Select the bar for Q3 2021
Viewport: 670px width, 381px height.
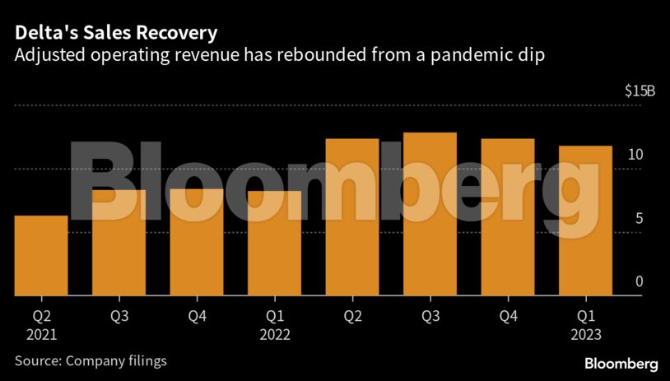pos(119,243)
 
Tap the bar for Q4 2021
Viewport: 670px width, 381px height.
pos(197,242)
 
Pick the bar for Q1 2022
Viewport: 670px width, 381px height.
pos(274,243)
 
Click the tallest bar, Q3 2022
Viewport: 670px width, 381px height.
pos(430,213)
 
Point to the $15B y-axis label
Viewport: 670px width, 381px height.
pos(640,91)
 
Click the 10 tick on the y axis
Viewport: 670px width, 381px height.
pos(635,155)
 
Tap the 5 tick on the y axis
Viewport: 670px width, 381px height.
pos(639,219)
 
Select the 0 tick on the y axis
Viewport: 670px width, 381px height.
pos(639,282)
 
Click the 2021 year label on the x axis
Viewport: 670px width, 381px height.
pos(41,335)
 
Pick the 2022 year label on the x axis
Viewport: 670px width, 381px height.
pos(274,335)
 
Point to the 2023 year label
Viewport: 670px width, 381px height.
pos(585,335)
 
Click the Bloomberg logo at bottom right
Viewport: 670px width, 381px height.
pos(621,363)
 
